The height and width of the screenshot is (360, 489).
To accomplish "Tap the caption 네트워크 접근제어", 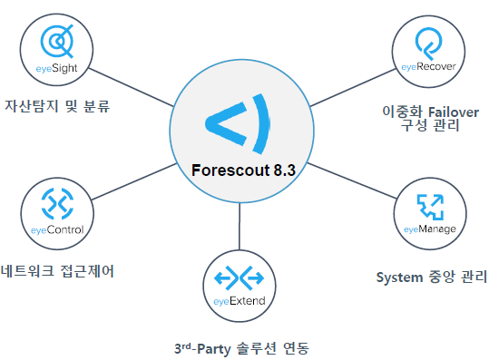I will coord(60,271).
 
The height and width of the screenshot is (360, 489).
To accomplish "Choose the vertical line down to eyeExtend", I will coord(240,227).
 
